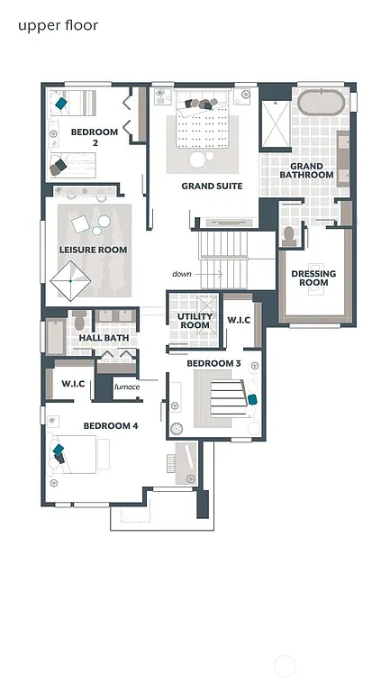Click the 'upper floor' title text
pos(58,25)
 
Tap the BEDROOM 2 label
pos(95,138)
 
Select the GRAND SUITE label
pos(212,187)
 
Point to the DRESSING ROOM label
pos(313,278)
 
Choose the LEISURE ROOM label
pos(93,250)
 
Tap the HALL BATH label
pos(104,338)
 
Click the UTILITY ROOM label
pos(194,321)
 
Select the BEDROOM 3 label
pos(213,363)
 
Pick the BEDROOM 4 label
pos(110,425)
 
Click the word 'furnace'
pos(126,387)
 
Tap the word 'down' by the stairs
pos(183,273)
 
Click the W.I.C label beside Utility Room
pos(239,320)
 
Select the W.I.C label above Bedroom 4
pos(73,384)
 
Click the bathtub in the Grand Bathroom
pos(320,101)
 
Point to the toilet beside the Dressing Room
pos(289,235)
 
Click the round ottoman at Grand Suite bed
pos(197,159)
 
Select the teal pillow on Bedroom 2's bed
pos(61,104)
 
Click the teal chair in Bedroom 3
pos(252,398)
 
